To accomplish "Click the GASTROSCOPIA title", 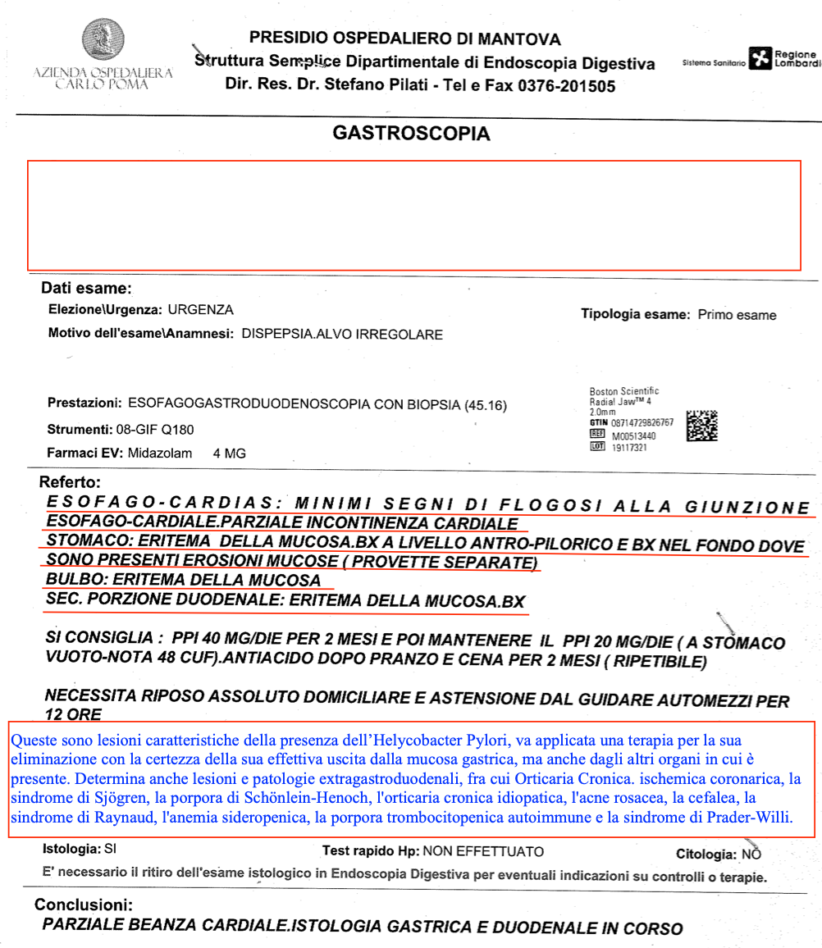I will click(411, 133).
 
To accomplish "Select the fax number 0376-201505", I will click(566, 85).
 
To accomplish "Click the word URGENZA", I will click(200, 310).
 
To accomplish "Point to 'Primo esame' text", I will click(737, 315).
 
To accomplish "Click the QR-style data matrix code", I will click(701, 426).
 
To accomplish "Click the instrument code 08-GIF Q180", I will click(154, 429).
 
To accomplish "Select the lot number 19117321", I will click(629, 448).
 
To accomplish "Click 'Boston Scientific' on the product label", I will click(623, 391).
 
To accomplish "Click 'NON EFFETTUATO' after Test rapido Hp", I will click(483, 852).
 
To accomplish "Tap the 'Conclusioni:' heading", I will click(83, 905).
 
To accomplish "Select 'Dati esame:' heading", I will click(87, 289).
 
